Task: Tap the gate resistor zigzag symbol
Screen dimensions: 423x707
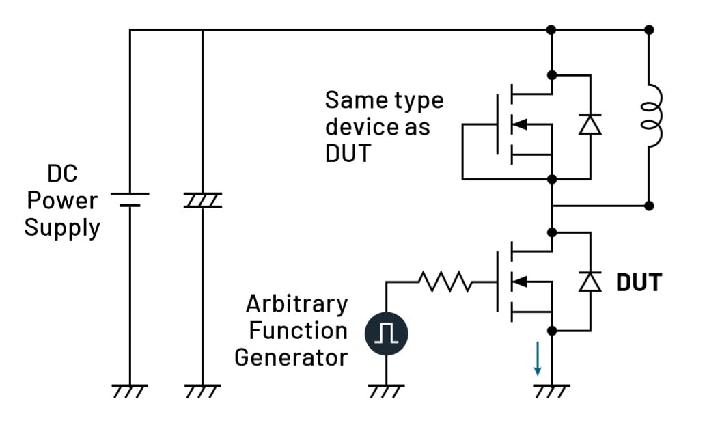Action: [444, 281]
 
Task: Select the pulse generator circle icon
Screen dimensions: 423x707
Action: [386, 333]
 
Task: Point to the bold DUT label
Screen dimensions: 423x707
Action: [639, 282]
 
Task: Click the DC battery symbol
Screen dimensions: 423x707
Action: [130, 199]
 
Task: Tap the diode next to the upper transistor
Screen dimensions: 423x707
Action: [590, 124]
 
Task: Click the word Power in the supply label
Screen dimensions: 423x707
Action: [62, 201]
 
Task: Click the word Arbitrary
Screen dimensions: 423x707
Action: [296, 303]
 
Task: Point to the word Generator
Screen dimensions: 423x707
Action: [291, 357]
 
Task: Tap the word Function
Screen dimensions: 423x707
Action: [298, 330]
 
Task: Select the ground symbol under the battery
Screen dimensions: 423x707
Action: [130, 391]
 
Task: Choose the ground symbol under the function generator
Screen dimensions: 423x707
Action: [386, 391]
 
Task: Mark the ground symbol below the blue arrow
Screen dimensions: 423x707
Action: [552, 391]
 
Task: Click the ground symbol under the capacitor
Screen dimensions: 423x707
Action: [203, 391]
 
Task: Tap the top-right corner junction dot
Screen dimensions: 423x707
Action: [649, 30]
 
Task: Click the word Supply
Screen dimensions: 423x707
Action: [62, 227]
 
